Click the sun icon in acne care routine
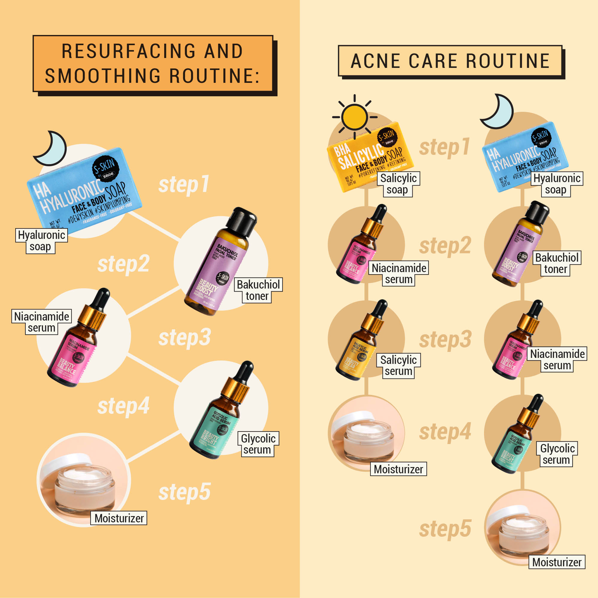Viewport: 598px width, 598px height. point(354,117)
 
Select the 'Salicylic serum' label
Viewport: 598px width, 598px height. point(398,366)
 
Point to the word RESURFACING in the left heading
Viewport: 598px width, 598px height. point(128,51)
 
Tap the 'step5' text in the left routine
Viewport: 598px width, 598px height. point(184,492)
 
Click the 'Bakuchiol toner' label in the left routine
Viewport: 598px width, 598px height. point(258,290)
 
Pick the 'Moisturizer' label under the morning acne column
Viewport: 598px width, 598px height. point(398,469)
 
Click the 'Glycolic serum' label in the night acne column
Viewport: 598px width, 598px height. point(557,454)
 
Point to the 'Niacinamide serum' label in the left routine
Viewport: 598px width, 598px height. point(42,322)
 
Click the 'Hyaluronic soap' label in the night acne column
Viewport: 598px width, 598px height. point(556,184)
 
